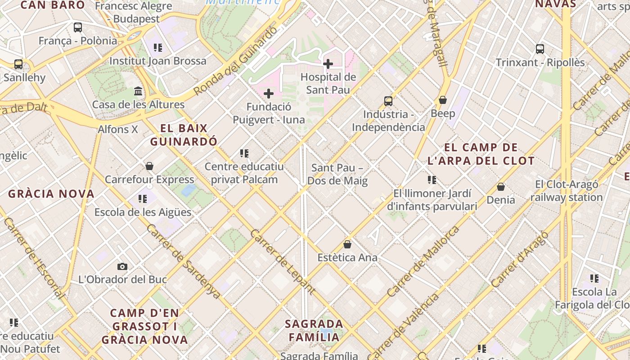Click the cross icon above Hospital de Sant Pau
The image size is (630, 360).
click(x=328, y=64)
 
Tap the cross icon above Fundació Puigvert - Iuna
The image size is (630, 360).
click(x=269, y=94)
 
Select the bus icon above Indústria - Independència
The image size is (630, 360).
click(x=388, y=101)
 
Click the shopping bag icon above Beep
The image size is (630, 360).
click(x=443, y=100)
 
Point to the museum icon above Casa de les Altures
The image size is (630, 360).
click(x=138, y=91)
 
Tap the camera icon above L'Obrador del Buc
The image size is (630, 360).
click(x=122, y=266)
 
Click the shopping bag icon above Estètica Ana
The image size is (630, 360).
click(x=347, y=244)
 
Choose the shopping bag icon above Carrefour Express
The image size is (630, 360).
click(x=149, y=166)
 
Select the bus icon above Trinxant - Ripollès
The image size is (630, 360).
click(x=540, y=49)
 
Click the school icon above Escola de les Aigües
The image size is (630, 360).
click(x=143, y=198)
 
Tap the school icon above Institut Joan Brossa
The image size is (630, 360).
click(x=157, y=47)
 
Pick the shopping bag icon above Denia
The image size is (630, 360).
click(x=500, y=186)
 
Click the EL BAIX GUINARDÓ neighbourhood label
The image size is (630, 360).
click(x=184, y=135)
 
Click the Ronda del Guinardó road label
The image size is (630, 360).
click(x=236, y=61)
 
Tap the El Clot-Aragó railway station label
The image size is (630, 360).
click(x=566, y=191)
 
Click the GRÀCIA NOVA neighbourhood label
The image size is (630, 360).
click(x=51, y=194)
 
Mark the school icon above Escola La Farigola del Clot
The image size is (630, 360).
click(x=594, y=279)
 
